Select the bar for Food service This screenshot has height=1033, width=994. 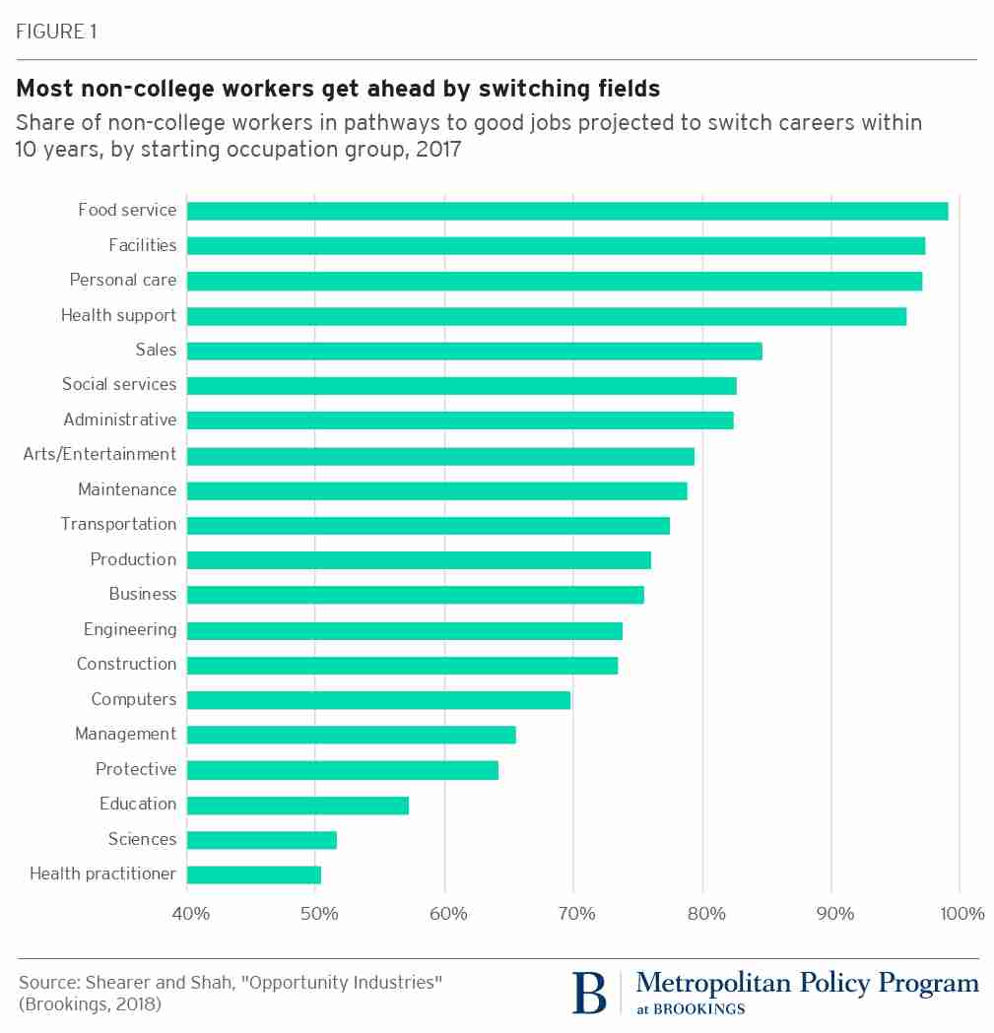coord(566,211)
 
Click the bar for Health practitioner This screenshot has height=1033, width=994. coord(253,874)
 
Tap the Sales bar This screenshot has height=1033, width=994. coord(474,351)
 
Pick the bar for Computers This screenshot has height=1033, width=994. coord(378,700)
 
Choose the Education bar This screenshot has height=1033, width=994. coord(298,806)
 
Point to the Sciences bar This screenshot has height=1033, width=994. coord(261,840)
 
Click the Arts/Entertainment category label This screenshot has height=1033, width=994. coord(99,454)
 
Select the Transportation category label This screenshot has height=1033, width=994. coord(118,524)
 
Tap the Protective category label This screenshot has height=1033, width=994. coord(136,769)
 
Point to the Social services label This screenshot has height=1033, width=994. coord(119,384)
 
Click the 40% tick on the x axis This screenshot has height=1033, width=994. coord(190,914)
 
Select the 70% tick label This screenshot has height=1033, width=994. coord(576,914)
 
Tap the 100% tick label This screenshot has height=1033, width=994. coord(962,914)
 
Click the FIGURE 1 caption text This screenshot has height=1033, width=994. coord(56,32)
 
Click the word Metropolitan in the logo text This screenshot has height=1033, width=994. coord(704,983)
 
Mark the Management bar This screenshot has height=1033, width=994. coord(351,735)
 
